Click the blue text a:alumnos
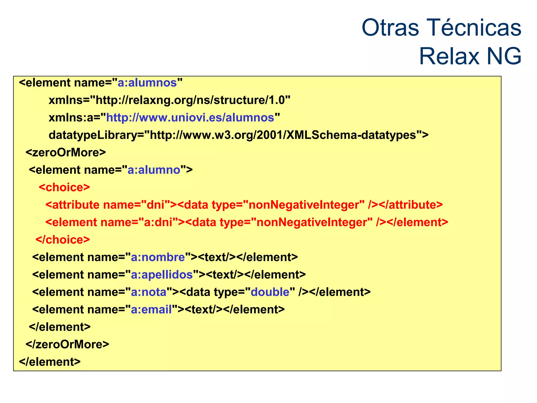click(x=147, y=83)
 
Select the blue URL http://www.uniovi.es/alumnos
click(x=190, y=118)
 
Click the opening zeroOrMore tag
click(x=66, y=152)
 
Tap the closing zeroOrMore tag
click(x=67, y=344)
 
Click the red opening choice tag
click(x=65, y=187)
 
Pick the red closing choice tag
click(x=63, y=240)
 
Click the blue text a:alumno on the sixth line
click(x=154, y=170)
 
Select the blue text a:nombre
click(x=158, y=257)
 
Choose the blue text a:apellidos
click(x=162, y=275)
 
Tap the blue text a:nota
click(x=149, y=292)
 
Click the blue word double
click(x=270, y=292)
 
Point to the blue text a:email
click(x=151, y=310)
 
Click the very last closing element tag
click(x=50, y=362)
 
